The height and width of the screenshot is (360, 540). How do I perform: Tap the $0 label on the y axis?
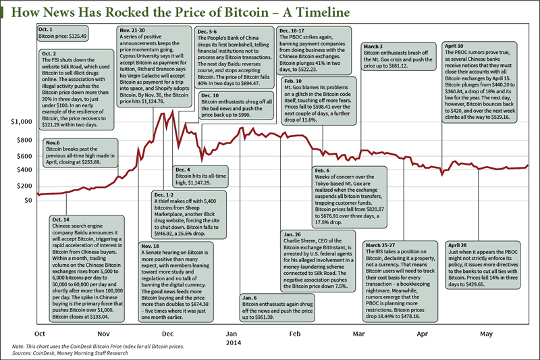pos(27,200)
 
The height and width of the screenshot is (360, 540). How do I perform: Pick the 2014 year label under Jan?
pos(232,342)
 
